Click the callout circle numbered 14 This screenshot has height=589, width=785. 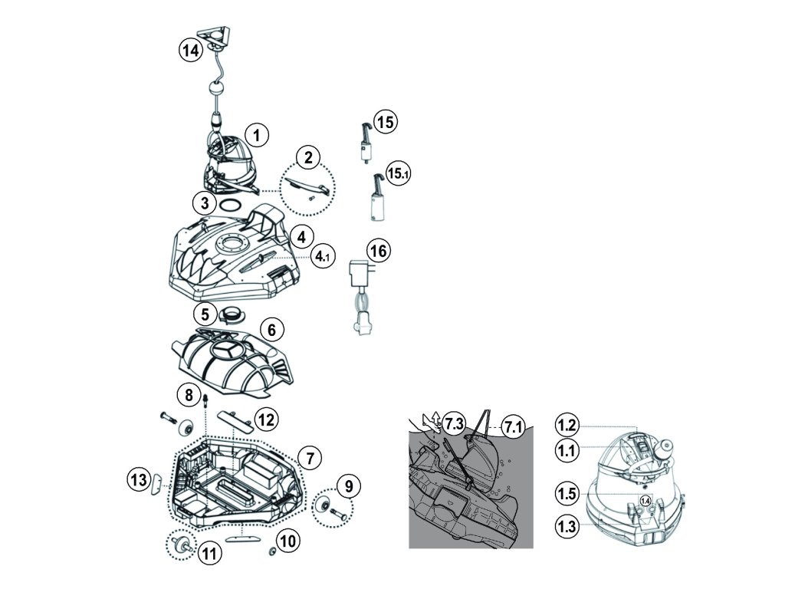point(190,51)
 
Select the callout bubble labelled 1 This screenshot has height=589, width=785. point(257,135)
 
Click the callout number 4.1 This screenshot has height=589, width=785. point(321,257)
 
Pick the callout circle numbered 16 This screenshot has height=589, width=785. point(379,251)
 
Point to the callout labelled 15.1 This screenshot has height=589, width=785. point(398,174)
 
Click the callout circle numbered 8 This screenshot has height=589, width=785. point(189,395)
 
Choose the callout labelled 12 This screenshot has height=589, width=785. point(266,420)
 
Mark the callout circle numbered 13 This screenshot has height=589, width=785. point(139,479)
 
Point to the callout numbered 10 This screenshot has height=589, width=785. point(288,540)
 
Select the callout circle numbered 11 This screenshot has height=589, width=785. point(209,554)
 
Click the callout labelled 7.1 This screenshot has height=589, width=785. point(513,427)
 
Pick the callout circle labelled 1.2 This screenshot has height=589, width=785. point(567,426)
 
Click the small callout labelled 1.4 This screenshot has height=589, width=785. point(645,500)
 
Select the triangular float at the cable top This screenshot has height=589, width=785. point(215,35)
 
